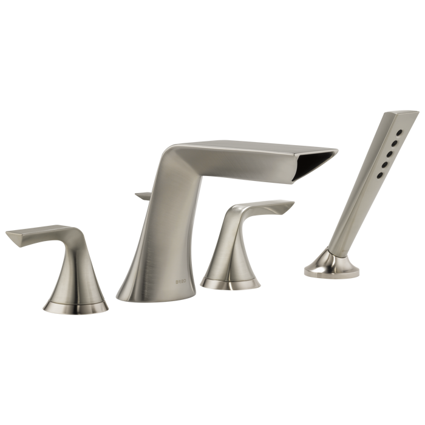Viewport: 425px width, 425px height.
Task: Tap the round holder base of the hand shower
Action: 331,266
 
